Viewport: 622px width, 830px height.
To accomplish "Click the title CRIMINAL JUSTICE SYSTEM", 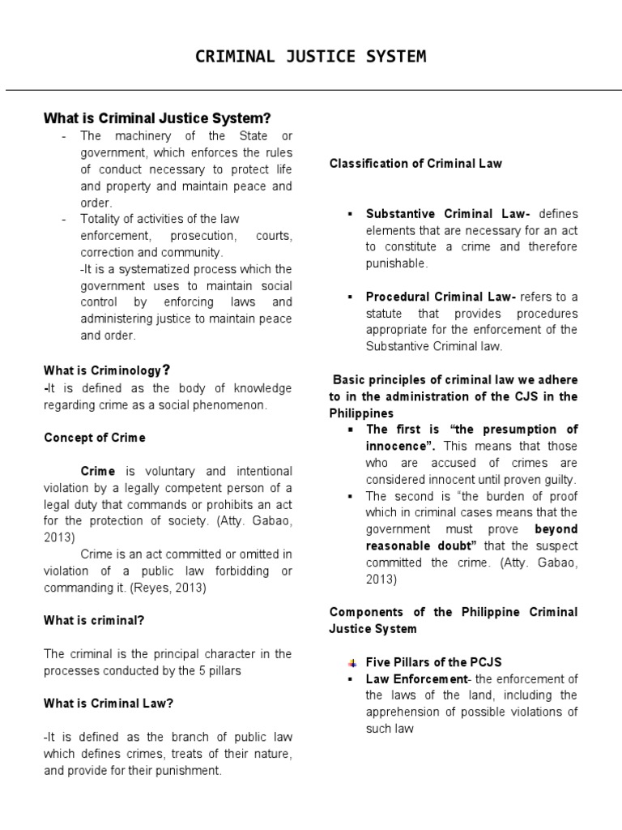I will pos(311,56).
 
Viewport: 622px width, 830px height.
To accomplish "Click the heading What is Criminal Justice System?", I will pos(156,118).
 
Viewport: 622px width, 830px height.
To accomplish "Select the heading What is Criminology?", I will pos(107,370).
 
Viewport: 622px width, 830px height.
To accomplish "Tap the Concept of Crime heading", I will pos(94,438).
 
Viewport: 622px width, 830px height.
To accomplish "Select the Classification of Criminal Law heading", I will pos(415,163).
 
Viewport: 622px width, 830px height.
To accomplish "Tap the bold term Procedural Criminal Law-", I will pos(441,297).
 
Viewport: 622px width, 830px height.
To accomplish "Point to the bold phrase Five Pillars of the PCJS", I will pos(439,662).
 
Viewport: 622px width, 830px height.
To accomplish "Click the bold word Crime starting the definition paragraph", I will pos(98,471).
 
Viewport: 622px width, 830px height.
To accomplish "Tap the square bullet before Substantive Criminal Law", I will pos(351,214).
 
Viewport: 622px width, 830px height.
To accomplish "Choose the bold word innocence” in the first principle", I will pos(400,446).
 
